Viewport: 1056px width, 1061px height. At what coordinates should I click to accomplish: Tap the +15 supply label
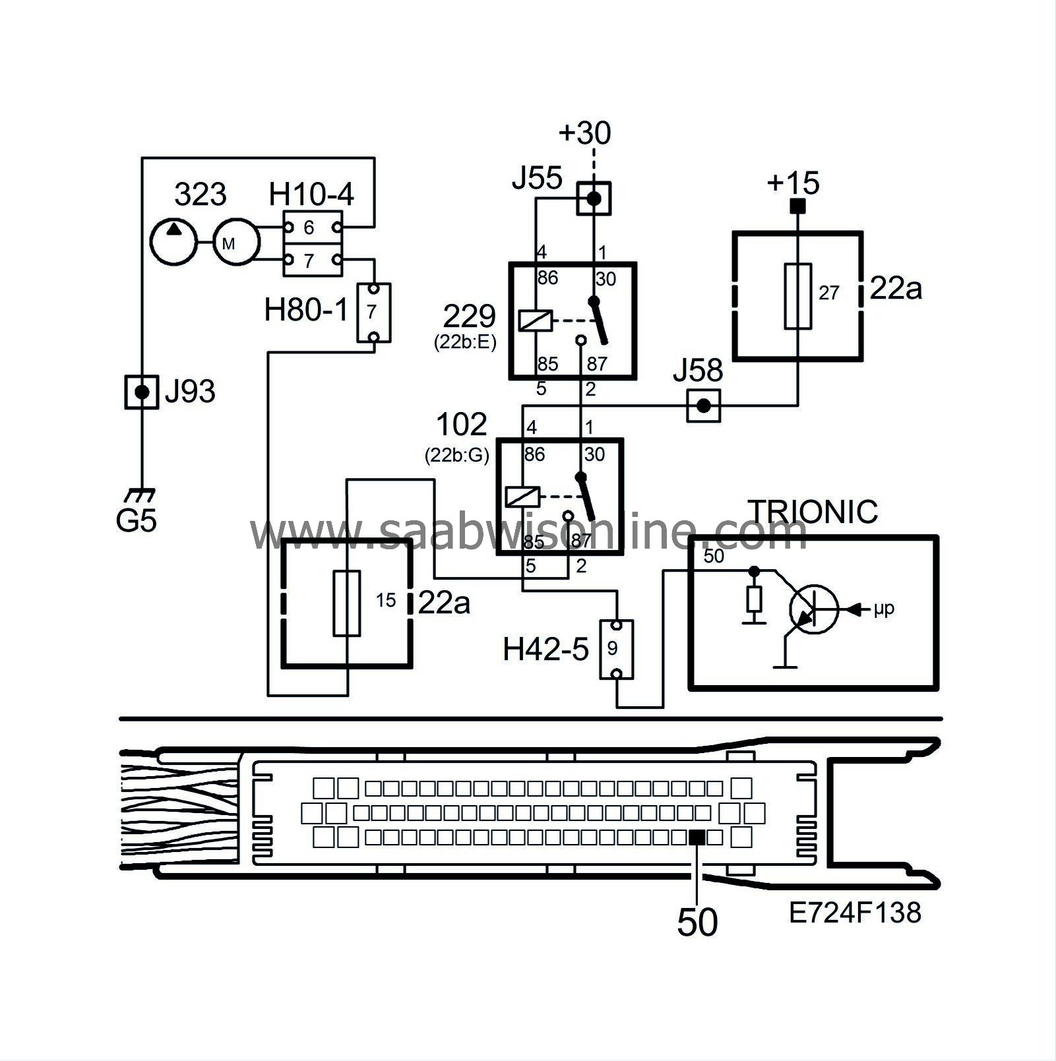pos(793,183)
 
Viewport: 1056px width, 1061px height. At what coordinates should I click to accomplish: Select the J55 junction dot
pos(594,198)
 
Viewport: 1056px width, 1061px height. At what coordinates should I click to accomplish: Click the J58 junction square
pos(704,406)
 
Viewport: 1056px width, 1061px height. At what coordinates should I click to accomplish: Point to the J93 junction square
pos(142,392)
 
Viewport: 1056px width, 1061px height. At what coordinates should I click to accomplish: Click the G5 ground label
pos(136,521)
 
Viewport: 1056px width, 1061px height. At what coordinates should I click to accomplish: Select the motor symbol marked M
pos(234,243)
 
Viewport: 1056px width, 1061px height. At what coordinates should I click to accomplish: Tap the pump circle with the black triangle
pos(173,242)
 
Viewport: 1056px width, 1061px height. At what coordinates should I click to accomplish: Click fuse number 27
pos(797,296)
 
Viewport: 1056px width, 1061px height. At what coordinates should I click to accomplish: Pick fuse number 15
pos(346,603)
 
